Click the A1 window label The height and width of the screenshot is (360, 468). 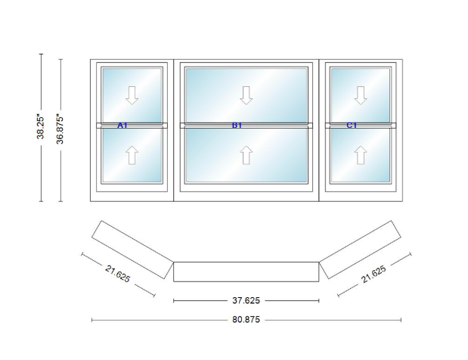pos(122,126)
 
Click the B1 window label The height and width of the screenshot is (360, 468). pos(237,126)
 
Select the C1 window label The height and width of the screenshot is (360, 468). pos(352,126)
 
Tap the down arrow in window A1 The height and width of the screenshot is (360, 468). pos(132,95)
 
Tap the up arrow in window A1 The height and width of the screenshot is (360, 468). pos(132,155)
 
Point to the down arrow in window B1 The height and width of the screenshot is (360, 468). pos(246,95)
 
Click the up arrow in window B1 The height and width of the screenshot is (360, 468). pos(246,155)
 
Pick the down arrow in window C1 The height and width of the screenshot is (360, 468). pos(360,95)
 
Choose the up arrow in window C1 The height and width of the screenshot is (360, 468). pos(360,155)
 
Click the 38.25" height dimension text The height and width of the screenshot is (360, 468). pos(41,128)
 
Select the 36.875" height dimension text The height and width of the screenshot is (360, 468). pos(60,129)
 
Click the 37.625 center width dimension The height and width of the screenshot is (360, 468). pos(246,300)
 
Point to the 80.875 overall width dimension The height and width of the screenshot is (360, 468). pos(246,320)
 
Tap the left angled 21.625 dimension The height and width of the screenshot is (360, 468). pos(118,274)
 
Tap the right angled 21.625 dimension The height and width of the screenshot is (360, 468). pos(373,274)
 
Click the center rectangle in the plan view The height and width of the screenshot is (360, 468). pos(246,272)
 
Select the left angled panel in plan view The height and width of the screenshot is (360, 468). pos(132,250)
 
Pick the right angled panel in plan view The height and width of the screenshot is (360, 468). pos(360,250)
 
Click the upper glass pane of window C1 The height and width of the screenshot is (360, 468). pos(360,95)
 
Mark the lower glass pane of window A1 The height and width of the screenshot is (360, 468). pos(132,154)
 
